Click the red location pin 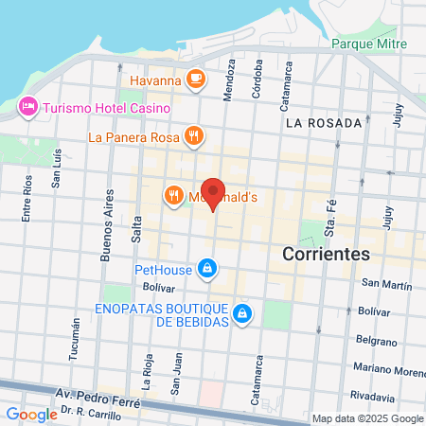click(x=213, y=193)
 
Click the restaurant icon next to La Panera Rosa click(x=193, y=135)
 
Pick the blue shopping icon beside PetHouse click(x=206, y=270)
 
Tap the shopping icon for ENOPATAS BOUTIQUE click(x=242, y=312)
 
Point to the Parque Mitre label click(x=369, y=44)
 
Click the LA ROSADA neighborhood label click(x=324, y=123)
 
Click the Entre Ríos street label click(x=27, y=200)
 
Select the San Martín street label click(x=387, y=284)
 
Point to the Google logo click(x=31, y=414)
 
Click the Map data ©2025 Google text click(x=368, y=418)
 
